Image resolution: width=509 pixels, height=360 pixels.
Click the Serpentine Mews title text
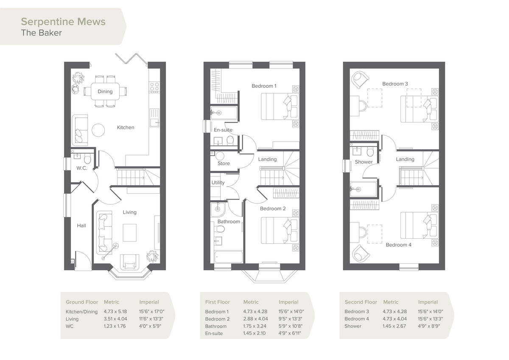(63, 22)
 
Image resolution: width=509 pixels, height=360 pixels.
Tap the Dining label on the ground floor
(105, 92)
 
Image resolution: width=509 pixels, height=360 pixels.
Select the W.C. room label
(82, 168)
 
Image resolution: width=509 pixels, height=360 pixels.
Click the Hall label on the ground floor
(81, 226)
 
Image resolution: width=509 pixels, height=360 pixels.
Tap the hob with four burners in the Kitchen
(154, 87)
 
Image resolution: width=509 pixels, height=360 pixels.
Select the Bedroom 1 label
(264, 86)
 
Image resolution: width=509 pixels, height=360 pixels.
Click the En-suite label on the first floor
(223, 130)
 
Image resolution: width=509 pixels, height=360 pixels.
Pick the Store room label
(224, 163)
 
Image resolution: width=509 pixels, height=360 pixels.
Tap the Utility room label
(218, 183)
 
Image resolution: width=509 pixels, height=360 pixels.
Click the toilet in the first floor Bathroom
(219, 229)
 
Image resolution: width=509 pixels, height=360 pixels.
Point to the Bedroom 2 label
(273, 209)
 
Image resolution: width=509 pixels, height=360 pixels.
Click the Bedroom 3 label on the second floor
(395, 84)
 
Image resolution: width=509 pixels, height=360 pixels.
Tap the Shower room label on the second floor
(364, 162)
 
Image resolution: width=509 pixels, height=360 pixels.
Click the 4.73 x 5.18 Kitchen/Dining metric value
(115, 312)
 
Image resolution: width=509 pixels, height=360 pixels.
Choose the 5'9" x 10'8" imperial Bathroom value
(291, 326)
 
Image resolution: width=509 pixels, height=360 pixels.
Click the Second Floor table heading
(361, 302)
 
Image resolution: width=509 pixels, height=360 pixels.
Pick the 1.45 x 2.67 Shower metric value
(395, 326)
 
